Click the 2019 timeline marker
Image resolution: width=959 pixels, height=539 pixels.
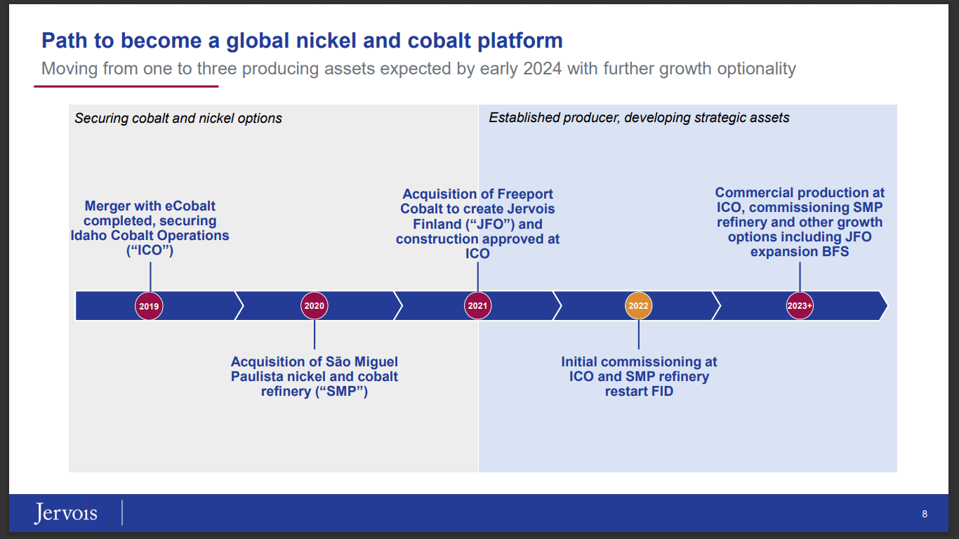coord(149,306)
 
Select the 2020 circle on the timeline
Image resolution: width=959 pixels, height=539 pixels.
coord(315,306)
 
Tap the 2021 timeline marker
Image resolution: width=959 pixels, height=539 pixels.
coord(478,306)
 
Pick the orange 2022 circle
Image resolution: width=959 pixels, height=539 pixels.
coord(639,306)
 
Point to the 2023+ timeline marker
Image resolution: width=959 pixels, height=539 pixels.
coord(800,306)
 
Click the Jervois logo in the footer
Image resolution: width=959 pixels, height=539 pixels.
coord(66,514)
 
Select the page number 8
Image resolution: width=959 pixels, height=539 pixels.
coord(925,514)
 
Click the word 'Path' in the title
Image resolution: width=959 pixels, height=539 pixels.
coord(65,41)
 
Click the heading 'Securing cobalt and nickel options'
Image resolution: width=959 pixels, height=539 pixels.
coord(178,119)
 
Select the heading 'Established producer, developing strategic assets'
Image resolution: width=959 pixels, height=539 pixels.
coord(639,118)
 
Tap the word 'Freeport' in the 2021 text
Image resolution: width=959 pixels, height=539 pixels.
coord(525,194)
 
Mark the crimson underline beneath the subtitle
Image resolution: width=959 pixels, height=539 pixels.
coord(126,86)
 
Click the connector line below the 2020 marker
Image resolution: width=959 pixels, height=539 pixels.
coord(315,335)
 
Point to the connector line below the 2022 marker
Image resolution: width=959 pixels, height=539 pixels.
coord(639,335)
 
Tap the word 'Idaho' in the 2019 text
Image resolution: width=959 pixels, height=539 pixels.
coord(89,236)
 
